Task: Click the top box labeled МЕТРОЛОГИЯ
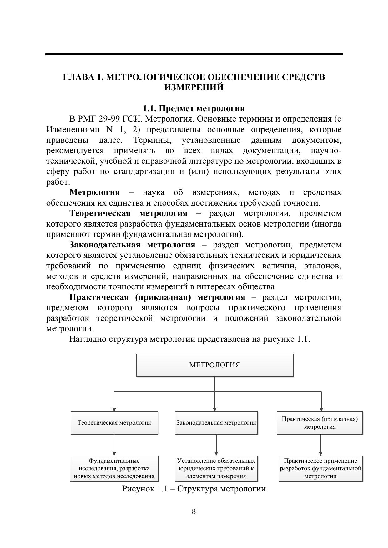coord(215,365)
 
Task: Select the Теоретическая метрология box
coord(114,423)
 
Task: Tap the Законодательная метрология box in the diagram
coord(216,423)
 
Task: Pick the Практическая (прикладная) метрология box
coord(320,423)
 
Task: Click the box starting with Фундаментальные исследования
coord(114,468)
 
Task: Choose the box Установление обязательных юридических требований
coord(216,468)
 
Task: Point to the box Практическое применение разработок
coord(320,468)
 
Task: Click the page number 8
coord(194,511)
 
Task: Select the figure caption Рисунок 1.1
coord(194,489)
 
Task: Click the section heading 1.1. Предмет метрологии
coord(194,108)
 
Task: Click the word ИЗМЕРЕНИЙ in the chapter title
coord(194,87)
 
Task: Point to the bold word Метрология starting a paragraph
coord(94,192)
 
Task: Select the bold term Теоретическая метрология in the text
coord(128,213)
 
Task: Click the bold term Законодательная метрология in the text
coord(132,245)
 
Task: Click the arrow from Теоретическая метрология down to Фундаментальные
coord(114,445)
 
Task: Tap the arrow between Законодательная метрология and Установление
coord(216,445)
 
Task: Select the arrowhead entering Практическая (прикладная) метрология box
coord(321,409)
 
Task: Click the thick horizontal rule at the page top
coord(194,54)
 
